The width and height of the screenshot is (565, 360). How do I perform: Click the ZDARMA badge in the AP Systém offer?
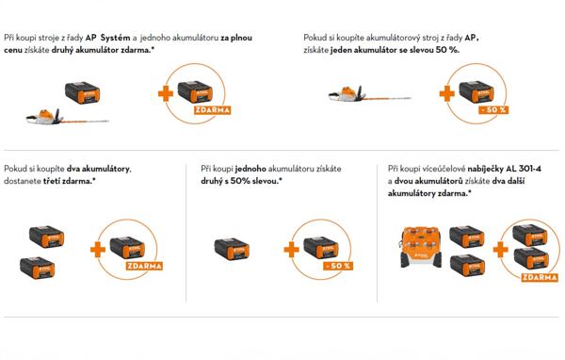(x=212, y=109)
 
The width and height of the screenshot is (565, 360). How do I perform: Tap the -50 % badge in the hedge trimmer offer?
(x=493, y=109)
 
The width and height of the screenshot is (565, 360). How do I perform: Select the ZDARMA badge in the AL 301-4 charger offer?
(x=540, y=277)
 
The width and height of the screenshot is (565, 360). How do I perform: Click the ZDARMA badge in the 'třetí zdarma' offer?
(x=144, y=266)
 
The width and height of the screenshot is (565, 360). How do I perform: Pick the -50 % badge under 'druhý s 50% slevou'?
(x=338, y=266)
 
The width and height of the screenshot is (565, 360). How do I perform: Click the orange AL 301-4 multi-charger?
(x=421, y=247)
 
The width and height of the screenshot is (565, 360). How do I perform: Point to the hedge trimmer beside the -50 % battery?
(x=370, y=95)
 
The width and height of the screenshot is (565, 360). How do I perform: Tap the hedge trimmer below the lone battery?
(x=68, y=117)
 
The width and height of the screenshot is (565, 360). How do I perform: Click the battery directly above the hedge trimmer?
(x=83, y=93)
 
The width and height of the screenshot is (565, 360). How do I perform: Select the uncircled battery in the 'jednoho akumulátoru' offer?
(x=232, y=249)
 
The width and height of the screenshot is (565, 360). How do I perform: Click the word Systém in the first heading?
(x=115, y=38)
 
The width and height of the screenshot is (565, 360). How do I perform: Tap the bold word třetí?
(x=52, y=181)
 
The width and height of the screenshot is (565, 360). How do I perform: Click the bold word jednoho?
(x=250, y=169)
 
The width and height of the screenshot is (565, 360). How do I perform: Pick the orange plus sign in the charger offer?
(x=501, y=250)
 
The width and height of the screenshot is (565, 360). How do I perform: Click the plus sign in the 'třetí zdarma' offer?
(x=98, y=250)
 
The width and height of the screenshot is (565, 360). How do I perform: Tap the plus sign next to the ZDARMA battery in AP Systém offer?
(x=166, y=94)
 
